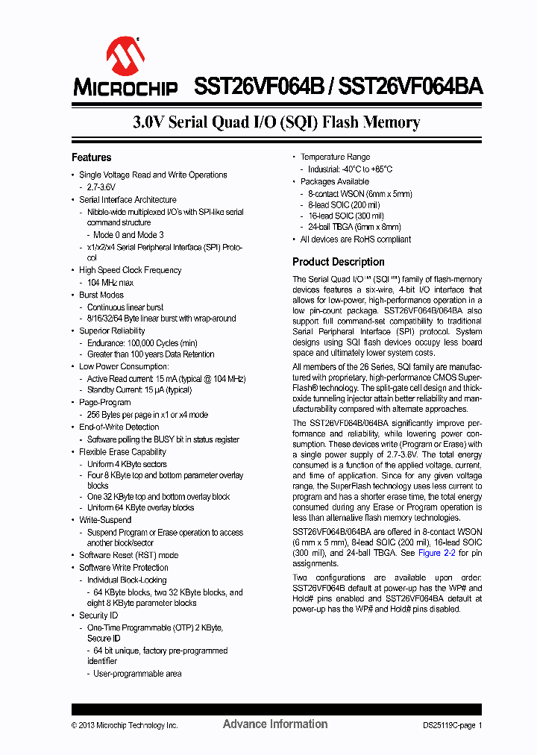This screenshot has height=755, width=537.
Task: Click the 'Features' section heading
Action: (x=91, y=157)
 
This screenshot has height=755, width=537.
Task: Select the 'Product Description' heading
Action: (x=338, y=262)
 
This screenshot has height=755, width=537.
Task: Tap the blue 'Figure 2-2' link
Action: (x=436, y=553)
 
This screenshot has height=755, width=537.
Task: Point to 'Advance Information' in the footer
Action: (x=274, y=724)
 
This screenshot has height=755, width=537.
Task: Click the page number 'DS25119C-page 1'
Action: (x=447, y=725)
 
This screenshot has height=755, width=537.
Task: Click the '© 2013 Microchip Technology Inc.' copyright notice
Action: (x=125, y=725)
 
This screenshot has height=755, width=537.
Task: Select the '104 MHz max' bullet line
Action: (x=110, y=283)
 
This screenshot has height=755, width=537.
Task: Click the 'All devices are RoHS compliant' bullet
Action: (x=355, y=239)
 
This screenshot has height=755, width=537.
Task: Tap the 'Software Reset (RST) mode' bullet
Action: (x=128, y=555)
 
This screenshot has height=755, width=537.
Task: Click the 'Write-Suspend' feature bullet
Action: (x=105, y=520)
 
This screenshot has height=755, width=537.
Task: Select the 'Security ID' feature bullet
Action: (x=98, y=615)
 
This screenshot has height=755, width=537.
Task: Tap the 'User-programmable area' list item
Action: (x=136, y=674)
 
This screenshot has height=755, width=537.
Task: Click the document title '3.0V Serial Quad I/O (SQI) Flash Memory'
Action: (x=276, y=122)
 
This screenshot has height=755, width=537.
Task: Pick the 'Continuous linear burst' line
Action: (x=125, y=307)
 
